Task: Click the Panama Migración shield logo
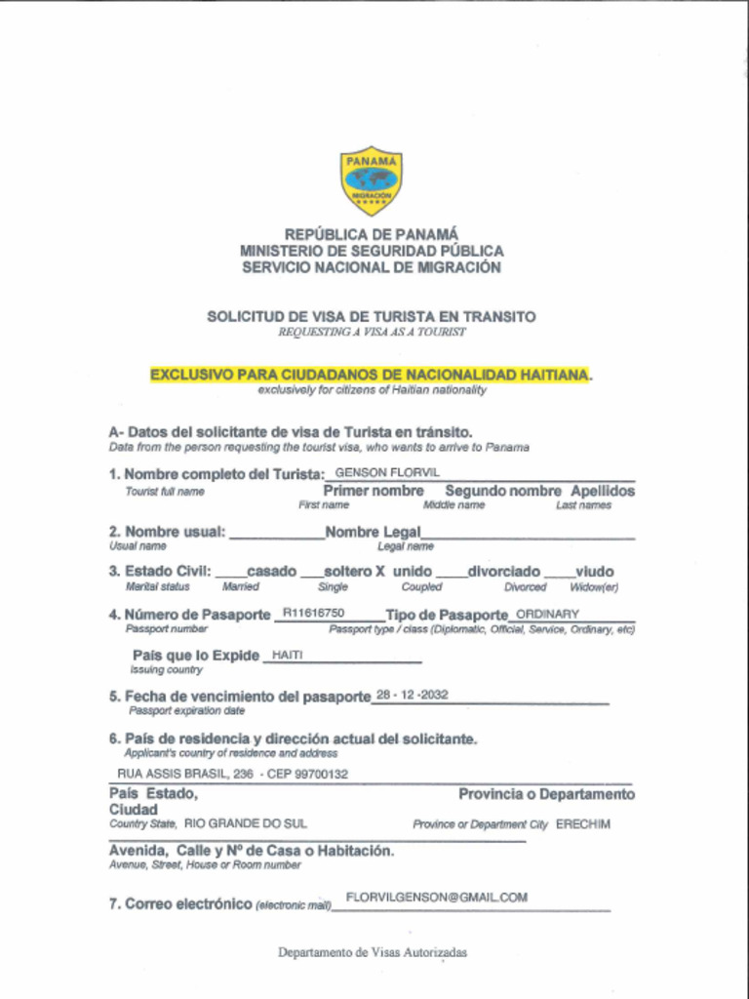point(371,181)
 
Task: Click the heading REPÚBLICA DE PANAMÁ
point(371,234)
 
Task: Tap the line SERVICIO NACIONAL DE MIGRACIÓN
point(371,267)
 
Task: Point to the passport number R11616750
point(313,613)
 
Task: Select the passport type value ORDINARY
point(547,614)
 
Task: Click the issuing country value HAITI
point(288,656)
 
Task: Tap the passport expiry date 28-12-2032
point(413,695)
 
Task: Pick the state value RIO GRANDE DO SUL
point(245,823)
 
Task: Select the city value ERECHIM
point(583,824)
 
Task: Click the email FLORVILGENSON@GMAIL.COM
point(437,897)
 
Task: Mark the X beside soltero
point(380,571)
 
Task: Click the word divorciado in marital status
point(503,571)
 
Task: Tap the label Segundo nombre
point(502,491)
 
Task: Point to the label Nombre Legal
point(373,532)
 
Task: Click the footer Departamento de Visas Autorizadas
point(372,952)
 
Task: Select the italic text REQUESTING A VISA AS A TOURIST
point(372,332)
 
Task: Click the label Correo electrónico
point(180,903)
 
